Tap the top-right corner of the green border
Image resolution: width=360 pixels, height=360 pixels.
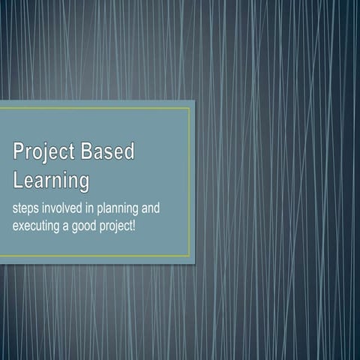click(190, 109)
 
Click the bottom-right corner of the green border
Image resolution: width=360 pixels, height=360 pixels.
click(190, 256)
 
